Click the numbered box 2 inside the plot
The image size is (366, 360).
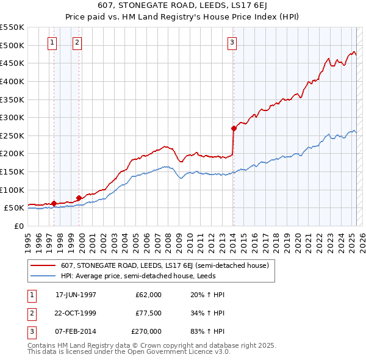click(x=78, y=42)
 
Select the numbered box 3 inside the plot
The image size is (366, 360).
click(x=232, y=42)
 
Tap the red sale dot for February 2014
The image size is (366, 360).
click(x=234, y=128)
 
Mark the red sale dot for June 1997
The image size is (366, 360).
click(x=54, y=203)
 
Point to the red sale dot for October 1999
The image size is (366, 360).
click(x=79, y=198)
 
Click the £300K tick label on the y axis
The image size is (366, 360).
click(x=12, y=117)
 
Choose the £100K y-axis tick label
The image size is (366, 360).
click(x=12, y=190)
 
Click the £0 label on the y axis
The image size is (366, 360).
click(x=18, y=226)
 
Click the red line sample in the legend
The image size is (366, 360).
click(x=44, y=265)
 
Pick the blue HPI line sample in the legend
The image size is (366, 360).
click(x=44, y=276)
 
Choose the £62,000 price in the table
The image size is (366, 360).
click(x=148, y=295)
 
